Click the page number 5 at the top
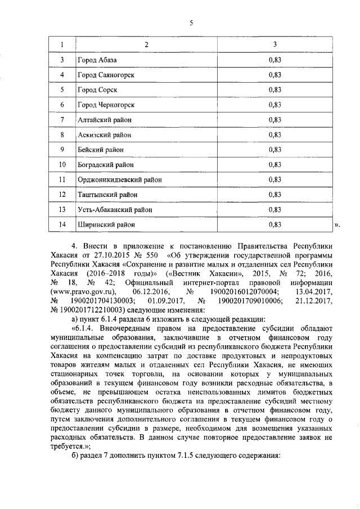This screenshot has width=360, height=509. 191,23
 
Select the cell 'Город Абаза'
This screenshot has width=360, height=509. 97,60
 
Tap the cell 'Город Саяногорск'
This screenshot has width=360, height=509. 106,74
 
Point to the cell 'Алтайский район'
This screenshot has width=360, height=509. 103,120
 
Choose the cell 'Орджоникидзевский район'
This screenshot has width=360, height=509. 119,179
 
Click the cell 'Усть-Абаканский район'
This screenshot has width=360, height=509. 114,210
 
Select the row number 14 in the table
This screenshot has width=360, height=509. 62,224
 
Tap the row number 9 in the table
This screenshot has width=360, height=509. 62,150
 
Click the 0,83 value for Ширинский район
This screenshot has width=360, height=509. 274,224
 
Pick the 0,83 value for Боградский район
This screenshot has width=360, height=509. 274,165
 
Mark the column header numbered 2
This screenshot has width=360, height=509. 147,44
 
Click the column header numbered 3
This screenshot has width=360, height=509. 274,44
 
